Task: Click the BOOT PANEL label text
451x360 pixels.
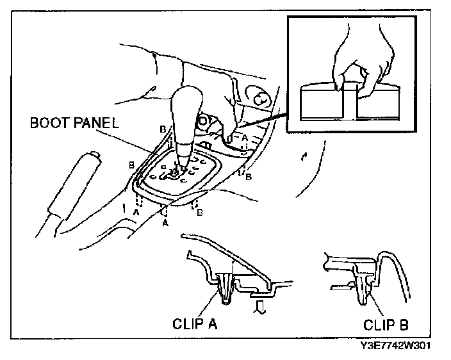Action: click(x=74, y=124)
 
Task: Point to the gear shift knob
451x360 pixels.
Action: click(x=188, y=115)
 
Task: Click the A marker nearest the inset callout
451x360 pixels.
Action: click(x=244, y=137)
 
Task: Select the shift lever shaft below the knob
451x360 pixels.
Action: click(x=184, y=157)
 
